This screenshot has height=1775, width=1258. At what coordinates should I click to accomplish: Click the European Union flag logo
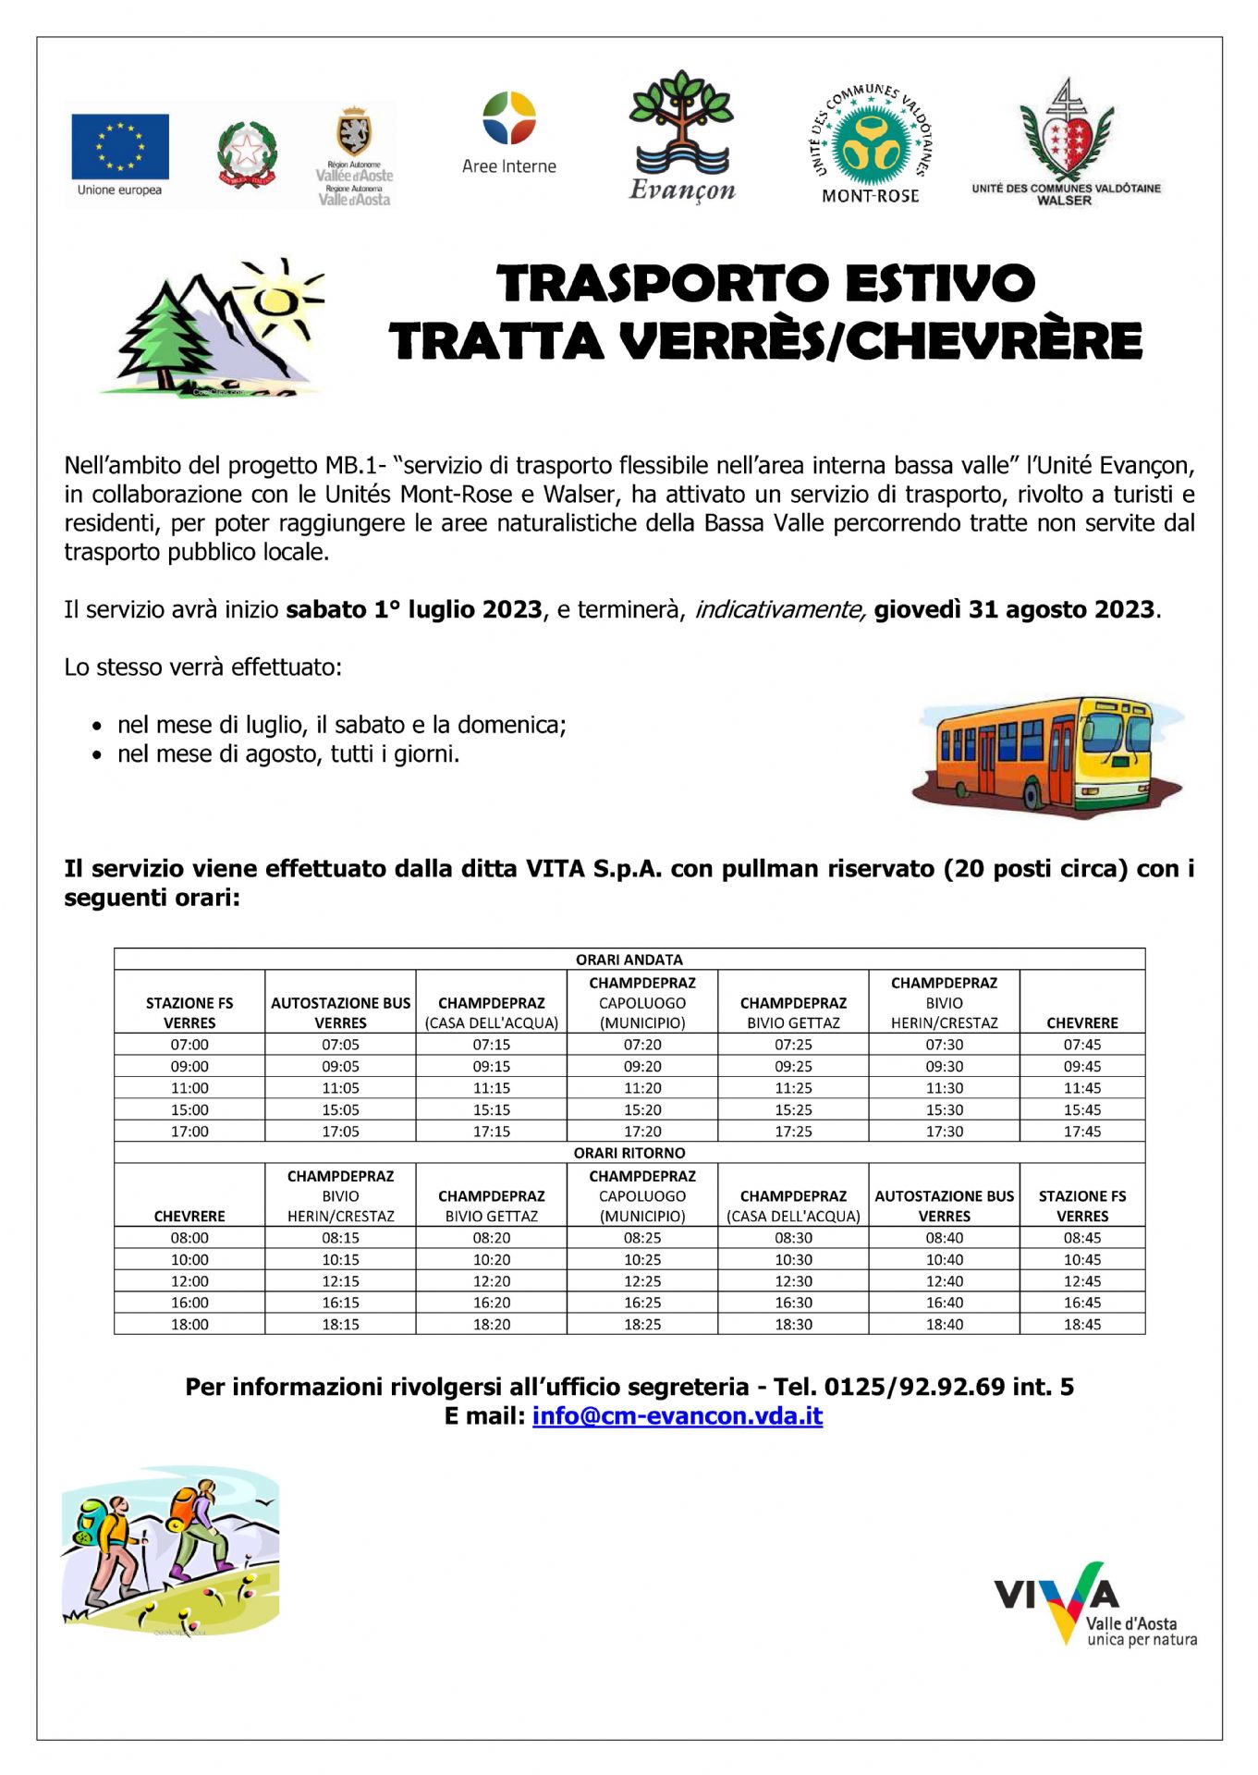pos(120,146)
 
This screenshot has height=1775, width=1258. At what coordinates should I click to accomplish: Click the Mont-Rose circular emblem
pos(870,139)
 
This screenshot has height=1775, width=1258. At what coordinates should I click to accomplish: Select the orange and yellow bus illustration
pos(1046,756)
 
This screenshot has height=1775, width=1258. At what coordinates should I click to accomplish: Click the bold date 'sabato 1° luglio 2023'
pos(413,610)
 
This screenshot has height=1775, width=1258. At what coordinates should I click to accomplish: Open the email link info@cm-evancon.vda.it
pos(677,1416)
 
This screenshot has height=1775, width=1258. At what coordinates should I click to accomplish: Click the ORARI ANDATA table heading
pos(629,960)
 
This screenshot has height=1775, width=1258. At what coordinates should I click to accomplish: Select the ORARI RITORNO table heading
pos(629,1153)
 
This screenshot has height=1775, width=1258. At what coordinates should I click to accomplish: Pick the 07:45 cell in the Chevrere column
pos(1081,1045)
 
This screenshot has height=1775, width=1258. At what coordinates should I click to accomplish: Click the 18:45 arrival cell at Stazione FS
pos(1081,1325)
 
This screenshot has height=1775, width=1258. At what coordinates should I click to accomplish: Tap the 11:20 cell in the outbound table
pos(642,1088)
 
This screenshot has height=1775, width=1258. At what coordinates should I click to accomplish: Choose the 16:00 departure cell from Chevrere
pos(189,1303)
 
